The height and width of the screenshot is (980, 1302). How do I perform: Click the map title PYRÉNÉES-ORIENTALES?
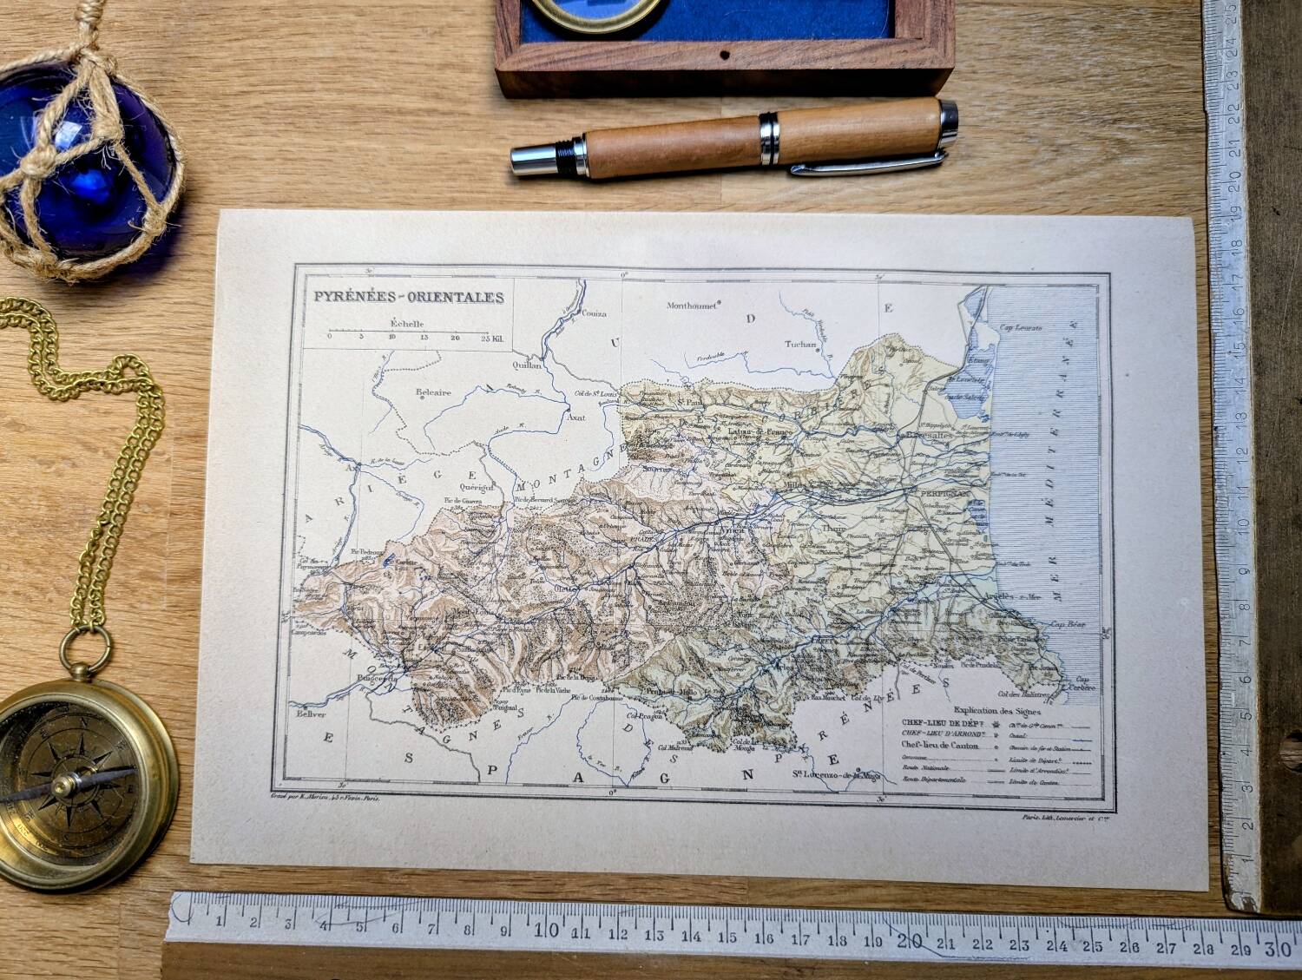click(x=409, y=297)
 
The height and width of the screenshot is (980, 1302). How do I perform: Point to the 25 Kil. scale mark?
click(x=491, y=337)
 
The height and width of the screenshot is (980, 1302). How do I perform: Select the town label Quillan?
click(x=525, y=365)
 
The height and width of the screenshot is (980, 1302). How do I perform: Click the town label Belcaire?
click(x=433, y=392)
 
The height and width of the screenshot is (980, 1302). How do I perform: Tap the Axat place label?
click(x=575, y=418)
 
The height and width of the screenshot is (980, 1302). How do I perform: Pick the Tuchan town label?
click(x=800, y=345)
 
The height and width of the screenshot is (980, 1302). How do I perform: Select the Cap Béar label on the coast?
click(x=1068, y=623)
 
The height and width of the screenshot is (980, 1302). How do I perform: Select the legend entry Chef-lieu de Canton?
click(x=940, y=745)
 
